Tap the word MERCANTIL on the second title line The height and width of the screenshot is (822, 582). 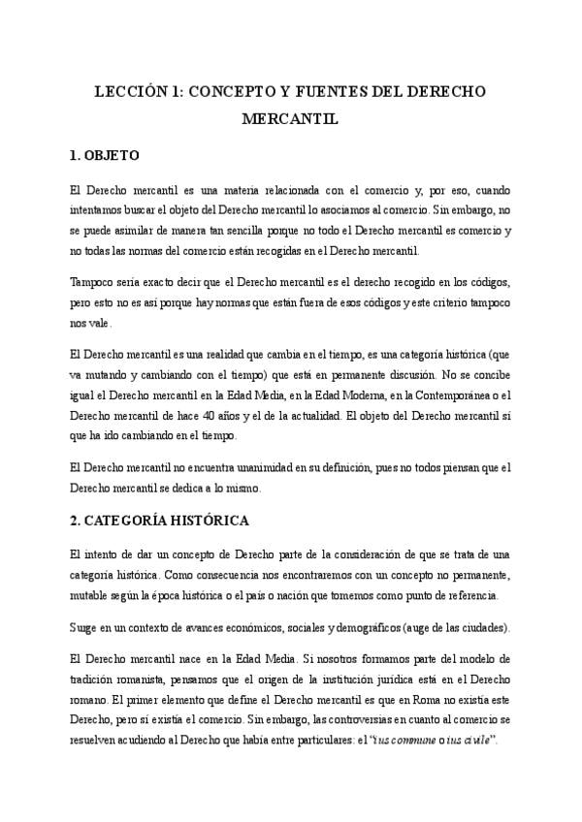click(x=290, y=121)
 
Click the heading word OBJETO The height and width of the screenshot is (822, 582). click(x=113, y=155)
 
